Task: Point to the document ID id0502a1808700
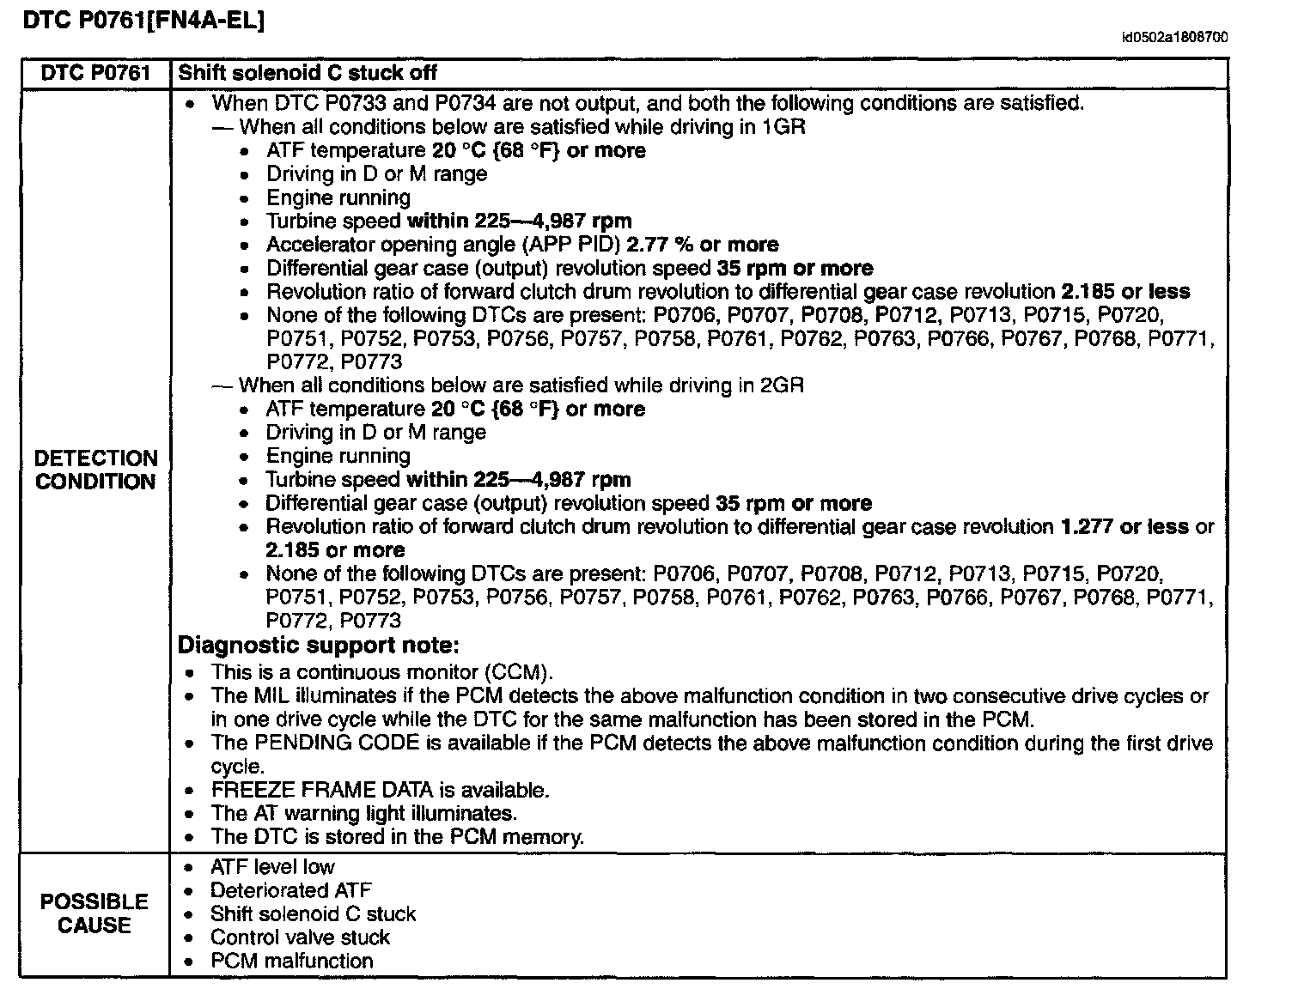pyautogui.click(x=1174, y=38)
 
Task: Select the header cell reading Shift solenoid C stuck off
pyautogui.click(x=308, y=73)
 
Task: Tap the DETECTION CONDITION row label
pyautogui.click(x=96, y=470)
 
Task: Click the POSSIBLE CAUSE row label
pyautogui.click(x=94, y=913)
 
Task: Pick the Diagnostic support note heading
pyautogui.click(x=318, y=646)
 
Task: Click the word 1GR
pyautogui.click(x=783, y=127)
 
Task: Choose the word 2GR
pyautogui.click(x=782, y=385)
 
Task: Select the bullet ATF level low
pyautogui.click(x=272, y=867)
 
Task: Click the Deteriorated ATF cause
pyautogui.click(x=290, y=890)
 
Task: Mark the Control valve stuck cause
pyautogui.click(x=300, y=937)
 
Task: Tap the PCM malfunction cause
pyautogui.click(x=292, y=961)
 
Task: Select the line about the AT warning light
pyautogui.click(x=363, y=813)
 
